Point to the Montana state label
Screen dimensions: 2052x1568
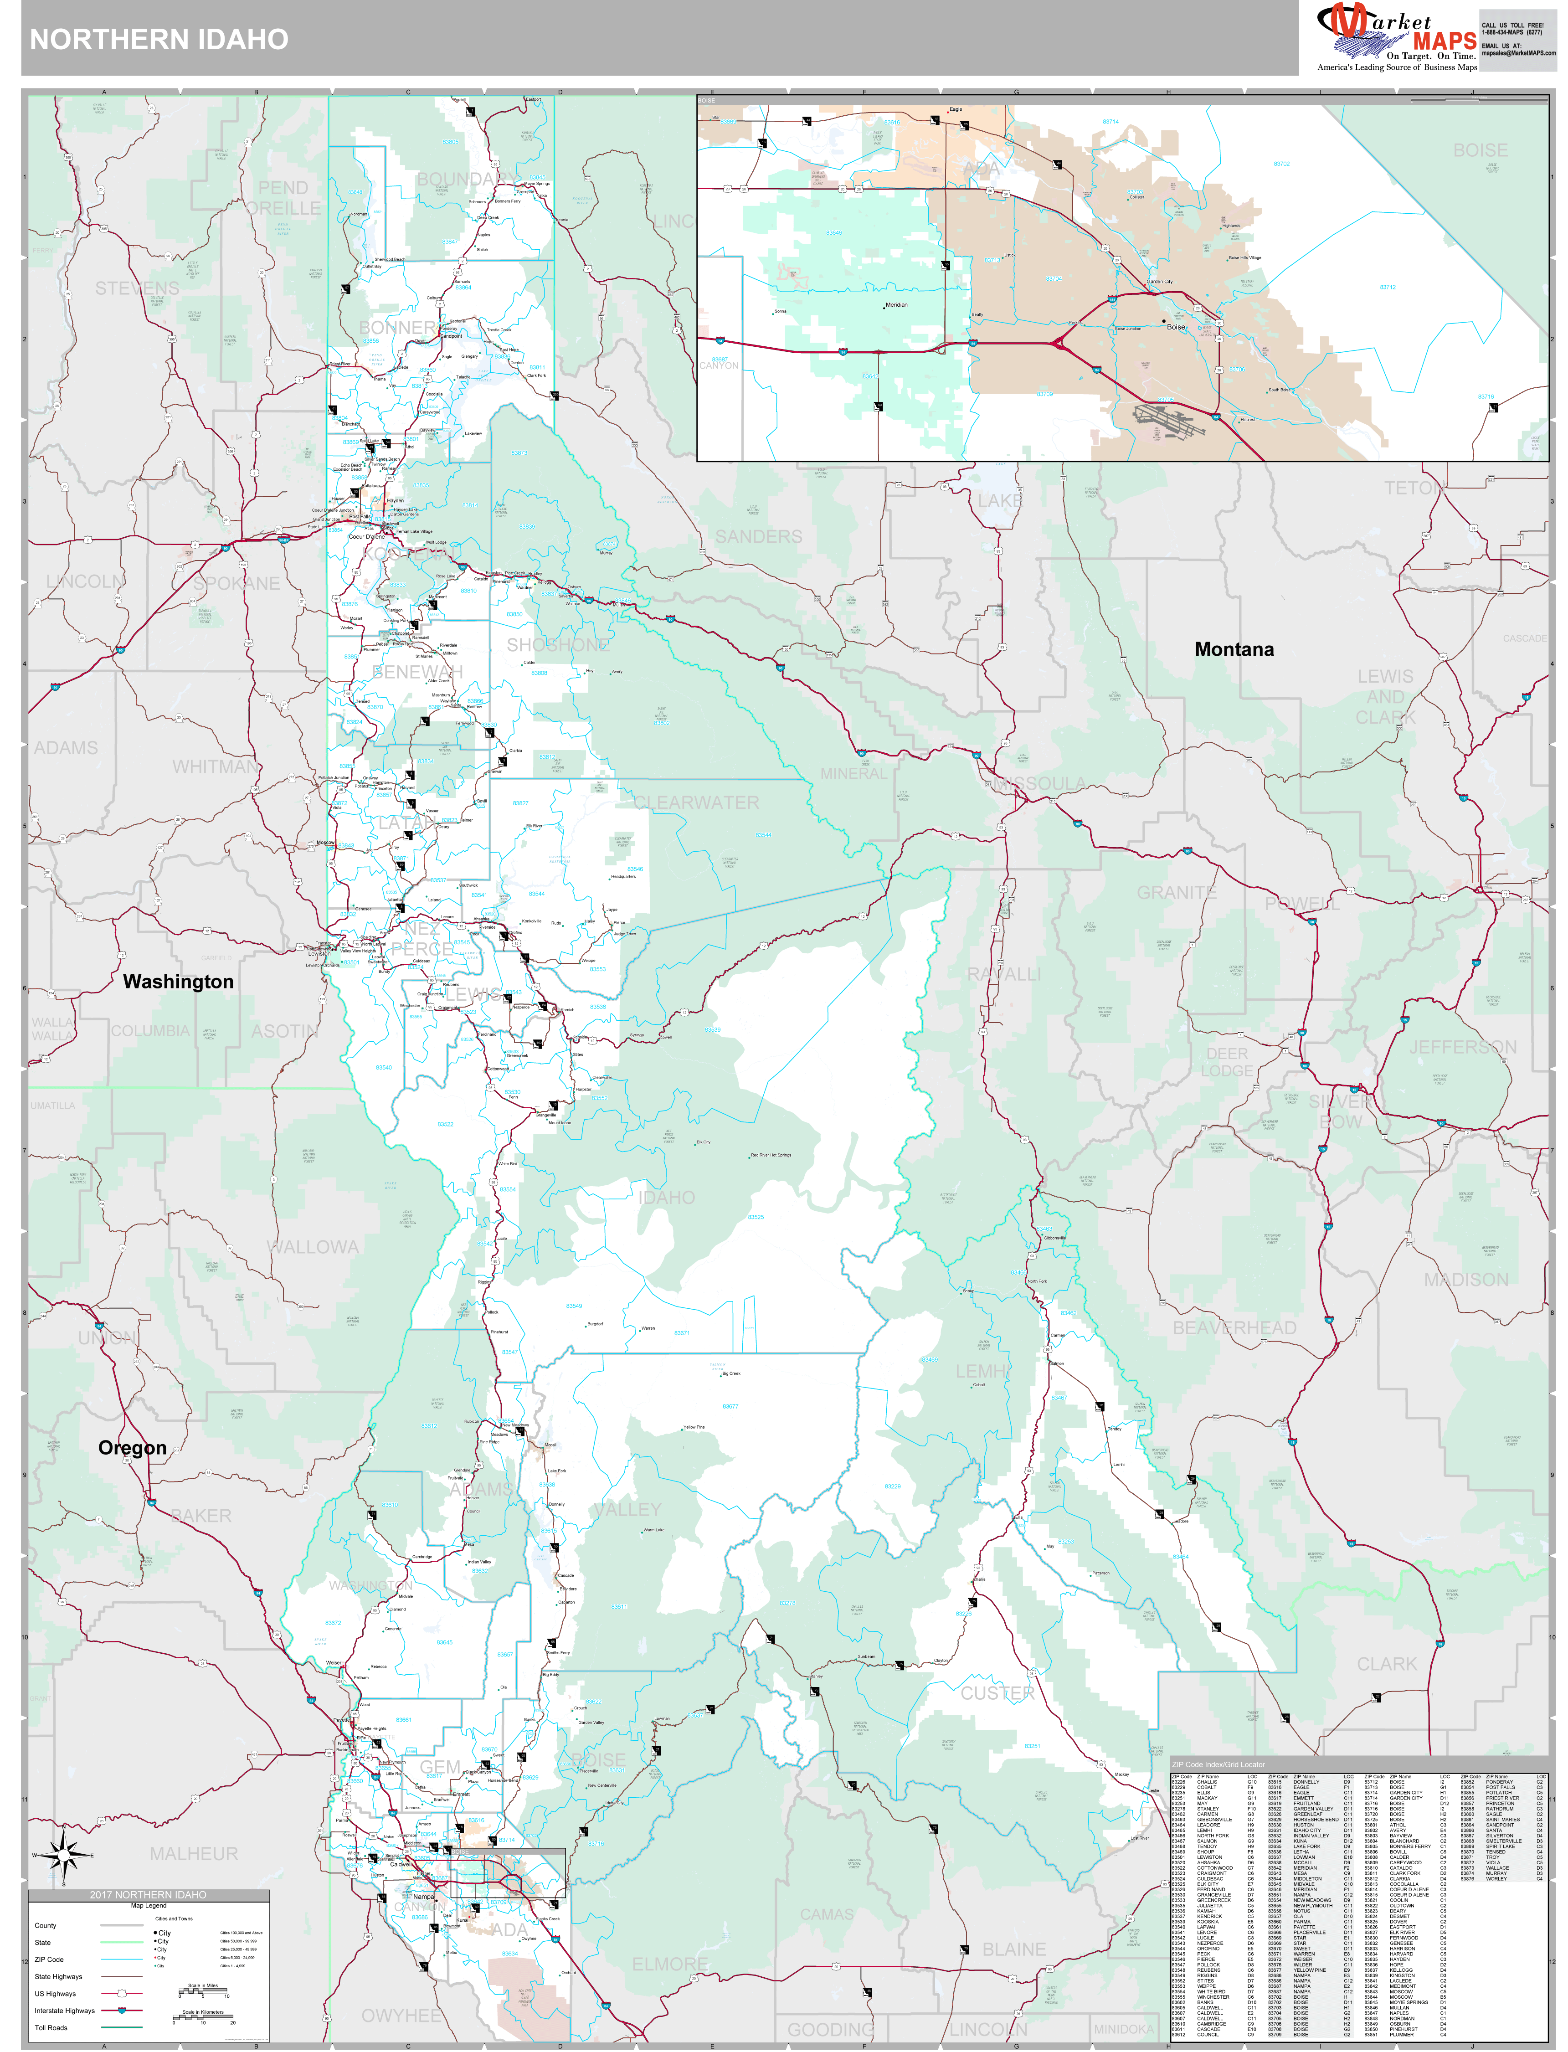click(1234, 649)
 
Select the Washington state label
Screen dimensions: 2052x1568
click(178, 982)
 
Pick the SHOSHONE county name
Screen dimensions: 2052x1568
click(557, 645)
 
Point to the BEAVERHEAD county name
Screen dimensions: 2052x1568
click(1234, 1328)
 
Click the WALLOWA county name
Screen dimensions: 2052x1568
click(313, 1247)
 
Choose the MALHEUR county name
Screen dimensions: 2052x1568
click(194, 1853)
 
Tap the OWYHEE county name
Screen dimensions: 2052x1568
click(401, 2016)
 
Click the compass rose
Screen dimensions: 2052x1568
click(63, 1855)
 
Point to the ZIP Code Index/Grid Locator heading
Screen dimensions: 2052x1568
click(1218, 1764)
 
